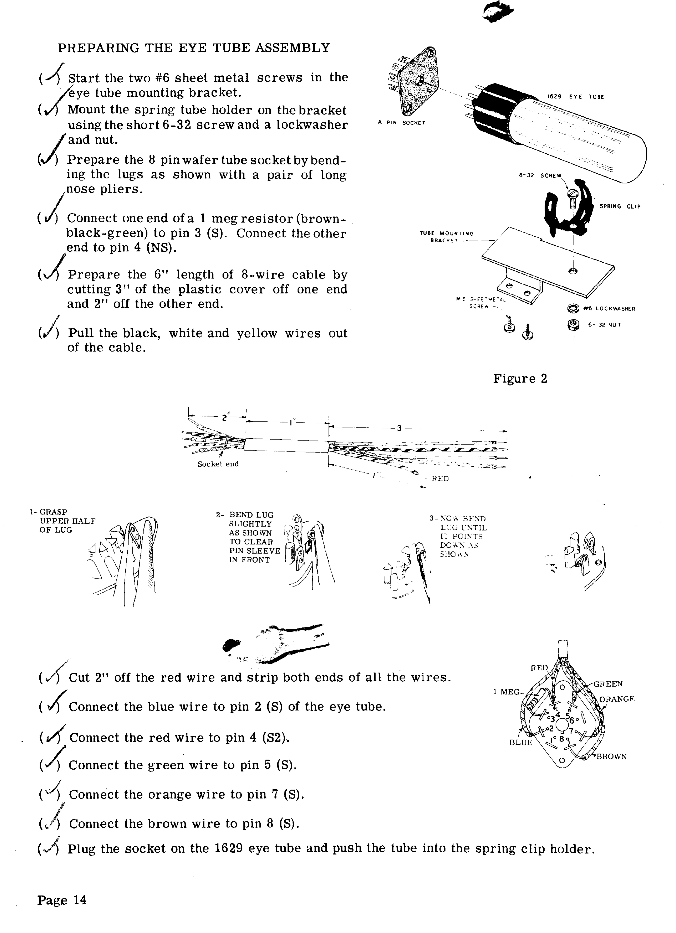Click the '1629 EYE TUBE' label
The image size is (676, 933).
(576, 97)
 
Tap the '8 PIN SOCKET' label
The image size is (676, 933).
(401, 123)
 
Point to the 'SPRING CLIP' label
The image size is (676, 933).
(620, 206)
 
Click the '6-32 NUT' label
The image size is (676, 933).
(604, 325)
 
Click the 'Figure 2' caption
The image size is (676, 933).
(520, 379)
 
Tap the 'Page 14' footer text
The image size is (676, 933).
(62, 900)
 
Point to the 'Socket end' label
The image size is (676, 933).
(218, 464)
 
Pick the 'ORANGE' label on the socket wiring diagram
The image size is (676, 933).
(617, 699)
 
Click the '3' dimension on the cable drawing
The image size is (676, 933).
(398, 428)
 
